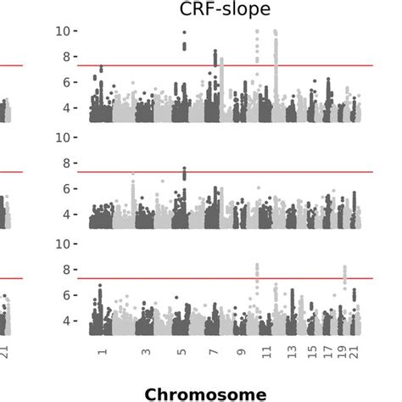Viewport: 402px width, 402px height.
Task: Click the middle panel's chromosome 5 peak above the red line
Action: [x=185, y=172]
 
